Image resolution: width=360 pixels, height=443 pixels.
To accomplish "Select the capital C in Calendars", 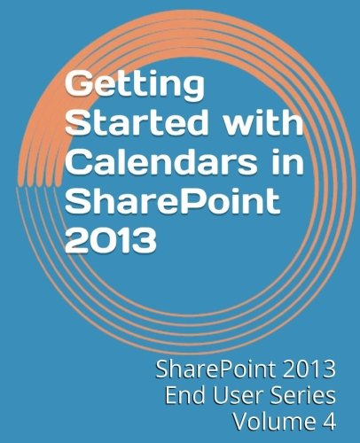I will pos(78,162).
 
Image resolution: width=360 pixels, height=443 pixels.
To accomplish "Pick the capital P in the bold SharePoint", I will pos(177,201).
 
